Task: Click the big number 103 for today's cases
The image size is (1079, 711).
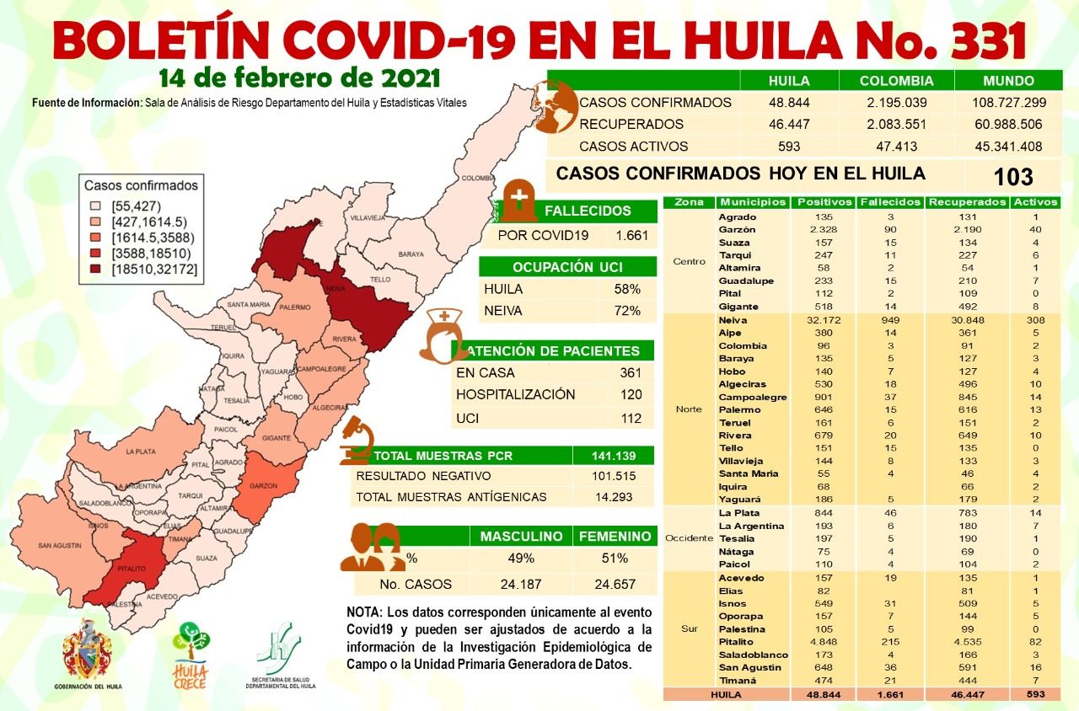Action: [1013, 176]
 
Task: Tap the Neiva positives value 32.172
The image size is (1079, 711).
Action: [813, 320]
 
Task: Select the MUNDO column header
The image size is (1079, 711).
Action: [1008, 81]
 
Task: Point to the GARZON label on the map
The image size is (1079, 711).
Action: [257, 486]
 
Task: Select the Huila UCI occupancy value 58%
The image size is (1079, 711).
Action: [627, 289]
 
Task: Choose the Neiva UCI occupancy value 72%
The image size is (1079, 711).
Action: [627, 311]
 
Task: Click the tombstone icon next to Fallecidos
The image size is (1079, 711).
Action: [519, 202]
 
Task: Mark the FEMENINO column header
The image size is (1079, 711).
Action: [615, 537]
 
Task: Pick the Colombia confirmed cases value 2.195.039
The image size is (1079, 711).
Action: [896, 103]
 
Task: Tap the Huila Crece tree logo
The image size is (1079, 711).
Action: [191, 648]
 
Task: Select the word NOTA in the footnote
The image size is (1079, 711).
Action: [364, 611]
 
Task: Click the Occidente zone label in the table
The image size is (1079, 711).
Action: [689, 538]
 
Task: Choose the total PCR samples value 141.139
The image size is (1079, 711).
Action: [613, 456]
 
